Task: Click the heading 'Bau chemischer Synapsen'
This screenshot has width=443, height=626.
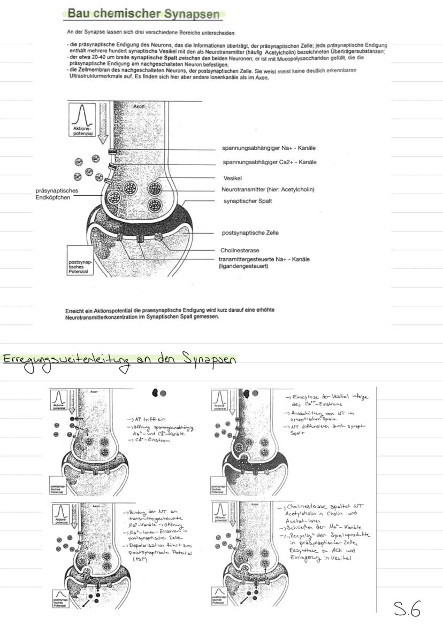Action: coord(144,14)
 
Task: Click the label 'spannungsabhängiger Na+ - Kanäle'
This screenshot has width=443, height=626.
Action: coord(269,148)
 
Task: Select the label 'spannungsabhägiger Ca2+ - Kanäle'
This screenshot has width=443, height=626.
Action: coord(269,162)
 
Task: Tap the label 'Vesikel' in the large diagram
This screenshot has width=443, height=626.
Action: coord(233,177)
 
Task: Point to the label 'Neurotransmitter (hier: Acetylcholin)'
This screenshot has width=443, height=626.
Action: coord(268,189)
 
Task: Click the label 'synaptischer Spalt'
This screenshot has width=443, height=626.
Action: coord(247,201)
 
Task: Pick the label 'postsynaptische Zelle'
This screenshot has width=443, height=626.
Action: coord(250,233)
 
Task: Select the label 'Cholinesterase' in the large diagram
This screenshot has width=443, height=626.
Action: coord(240,250)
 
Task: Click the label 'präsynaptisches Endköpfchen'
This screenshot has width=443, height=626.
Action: coord(57,194)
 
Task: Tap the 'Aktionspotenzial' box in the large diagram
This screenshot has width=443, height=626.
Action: coord(82,120)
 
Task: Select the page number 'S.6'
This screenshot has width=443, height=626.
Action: coord(407,608)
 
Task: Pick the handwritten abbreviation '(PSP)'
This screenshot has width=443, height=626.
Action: coord(139,558)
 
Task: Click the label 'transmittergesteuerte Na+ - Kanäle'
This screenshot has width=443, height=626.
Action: coord(264,259)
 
